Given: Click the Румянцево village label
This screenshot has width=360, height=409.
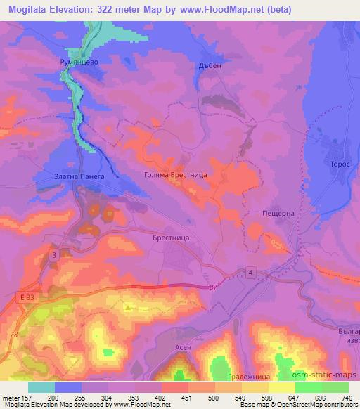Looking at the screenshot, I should (77, 63).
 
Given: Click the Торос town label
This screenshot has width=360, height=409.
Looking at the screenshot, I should (331, 162).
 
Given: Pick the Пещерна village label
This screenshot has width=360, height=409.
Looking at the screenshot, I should (276, 212).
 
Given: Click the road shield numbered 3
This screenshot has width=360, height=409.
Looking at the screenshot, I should (54, 254).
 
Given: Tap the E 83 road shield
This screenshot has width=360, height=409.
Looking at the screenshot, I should (27, 298).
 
